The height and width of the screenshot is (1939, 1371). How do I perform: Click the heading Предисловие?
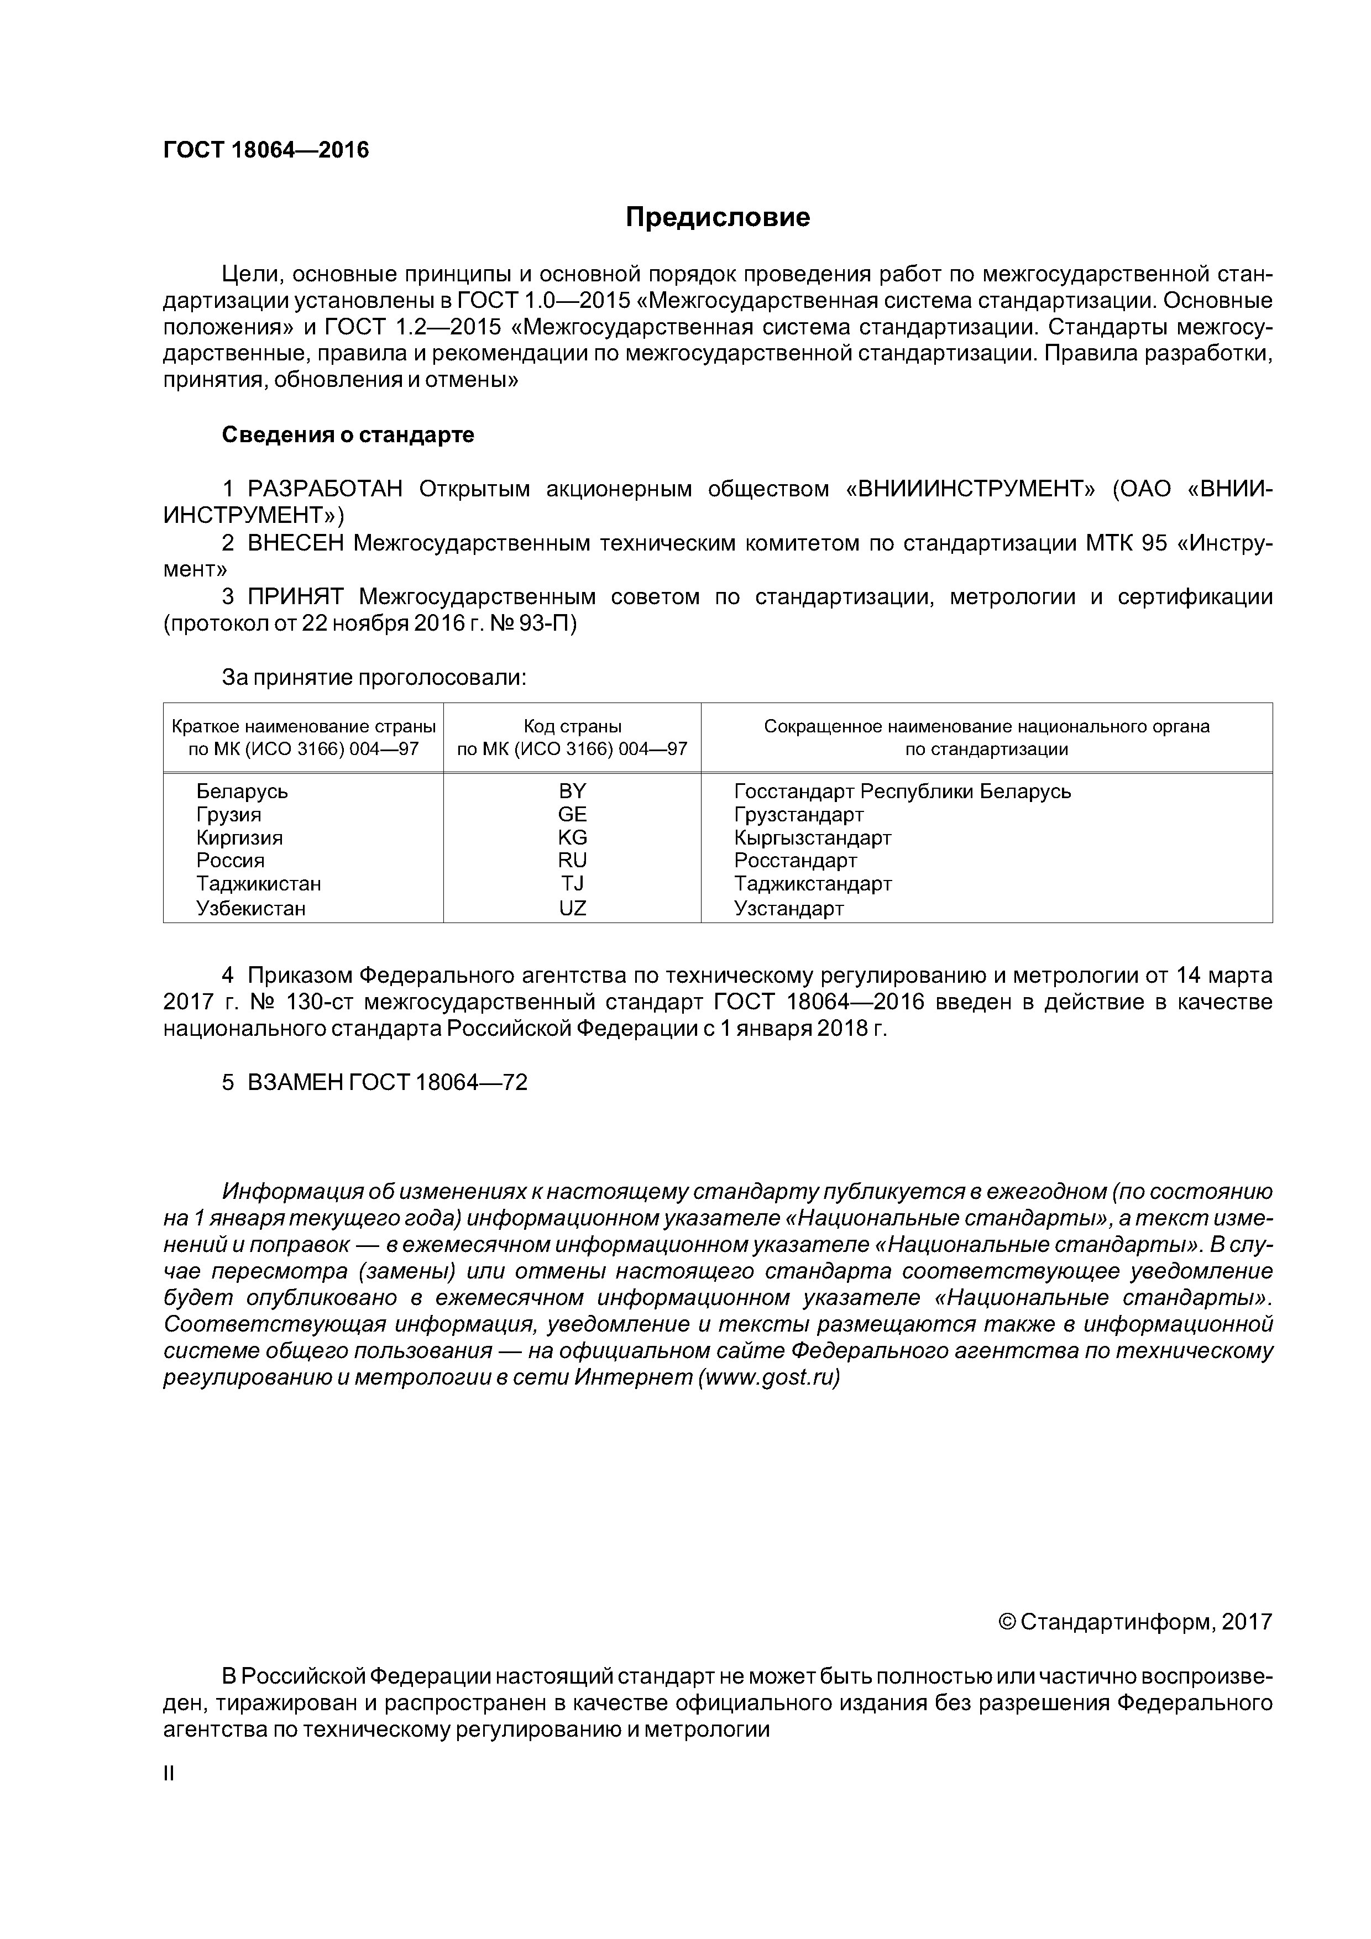coord(717,218)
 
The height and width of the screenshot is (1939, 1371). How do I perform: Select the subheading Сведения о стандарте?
coord(347,435)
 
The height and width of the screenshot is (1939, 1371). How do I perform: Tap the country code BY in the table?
coord(572,792)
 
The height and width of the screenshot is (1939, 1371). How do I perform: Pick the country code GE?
coord(572,814)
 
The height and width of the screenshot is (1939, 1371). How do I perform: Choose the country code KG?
coord(572,838)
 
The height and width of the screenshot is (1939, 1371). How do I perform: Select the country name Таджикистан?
coord(259,884)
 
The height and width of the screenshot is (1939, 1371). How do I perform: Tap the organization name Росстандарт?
coord(795,861)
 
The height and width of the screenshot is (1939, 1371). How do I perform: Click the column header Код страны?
coord(572,726)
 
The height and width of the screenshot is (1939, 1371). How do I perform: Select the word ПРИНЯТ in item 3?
coord(296,597)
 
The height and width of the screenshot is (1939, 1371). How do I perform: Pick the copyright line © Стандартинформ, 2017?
coord(1134,1622)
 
